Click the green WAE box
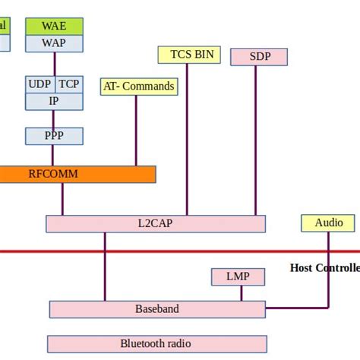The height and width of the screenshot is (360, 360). (54, 27)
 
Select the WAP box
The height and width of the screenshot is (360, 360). (54, 43)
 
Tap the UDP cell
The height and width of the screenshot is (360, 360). (39, 84)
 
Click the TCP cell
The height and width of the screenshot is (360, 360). (69, 84)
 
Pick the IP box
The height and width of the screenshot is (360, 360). (54, 100)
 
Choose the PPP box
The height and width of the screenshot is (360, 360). (54, 136)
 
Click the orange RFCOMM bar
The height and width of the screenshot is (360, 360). (76, 174)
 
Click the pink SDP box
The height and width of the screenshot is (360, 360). (258, 57)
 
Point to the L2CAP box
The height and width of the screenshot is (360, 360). (156, 223)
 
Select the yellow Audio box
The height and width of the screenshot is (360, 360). (328, 223)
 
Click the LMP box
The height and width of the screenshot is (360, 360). (238, 276)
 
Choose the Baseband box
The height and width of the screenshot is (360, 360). (157, 309)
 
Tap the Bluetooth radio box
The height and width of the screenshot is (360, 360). (157, 343)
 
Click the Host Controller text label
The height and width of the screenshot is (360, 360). (324, 268)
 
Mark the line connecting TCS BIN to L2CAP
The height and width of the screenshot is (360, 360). (188, 137)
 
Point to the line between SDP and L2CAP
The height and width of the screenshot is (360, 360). (256, 137)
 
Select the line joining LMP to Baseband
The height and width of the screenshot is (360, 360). (242, 292)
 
